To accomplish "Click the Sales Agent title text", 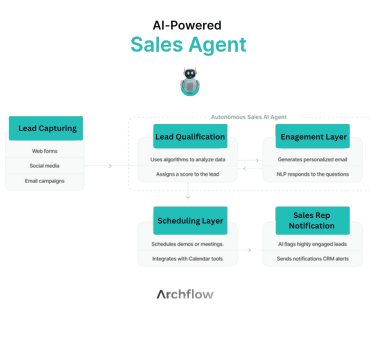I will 187,44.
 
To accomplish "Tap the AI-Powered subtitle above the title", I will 186,22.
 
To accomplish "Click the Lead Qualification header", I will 189,137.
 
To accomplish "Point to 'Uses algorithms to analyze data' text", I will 189,160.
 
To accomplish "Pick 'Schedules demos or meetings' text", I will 190,244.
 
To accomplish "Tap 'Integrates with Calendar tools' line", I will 190,260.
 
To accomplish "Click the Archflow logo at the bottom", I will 185,295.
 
